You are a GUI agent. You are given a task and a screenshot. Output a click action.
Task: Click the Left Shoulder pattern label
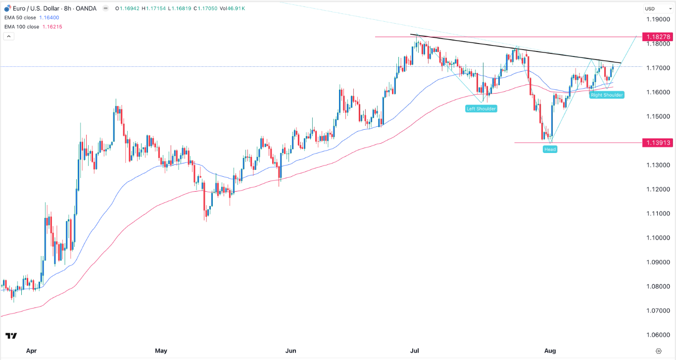[x=481, y=108]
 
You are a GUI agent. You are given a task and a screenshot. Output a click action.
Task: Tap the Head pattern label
[x=550, y=149]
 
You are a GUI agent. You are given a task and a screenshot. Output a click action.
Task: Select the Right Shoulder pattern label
[x=607, y=95]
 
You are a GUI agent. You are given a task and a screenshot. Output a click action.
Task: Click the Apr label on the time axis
[x=31, y=351]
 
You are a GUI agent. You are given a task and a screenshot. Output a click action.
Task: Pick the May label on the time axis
[x=161, y=351]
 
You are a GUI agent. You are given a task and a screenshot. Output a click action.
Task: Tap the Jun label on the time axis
[x=290, y=351]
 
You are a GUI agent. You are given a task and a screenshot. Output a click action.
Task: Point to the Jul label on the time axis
[x=415, y=351]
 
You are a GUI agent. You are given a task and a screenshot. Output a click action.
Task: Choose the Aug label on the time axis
[x=550, y=351]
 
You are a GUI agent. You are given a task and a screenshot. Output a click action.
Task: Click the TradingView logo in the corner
[x=10, y=336]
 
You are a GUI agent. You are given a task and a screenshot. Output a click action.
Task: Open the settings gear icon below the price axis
[x=658, y=351]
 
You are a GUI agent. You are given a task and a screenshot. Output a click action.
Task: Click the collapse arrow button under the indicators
[x=8, y=36]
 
